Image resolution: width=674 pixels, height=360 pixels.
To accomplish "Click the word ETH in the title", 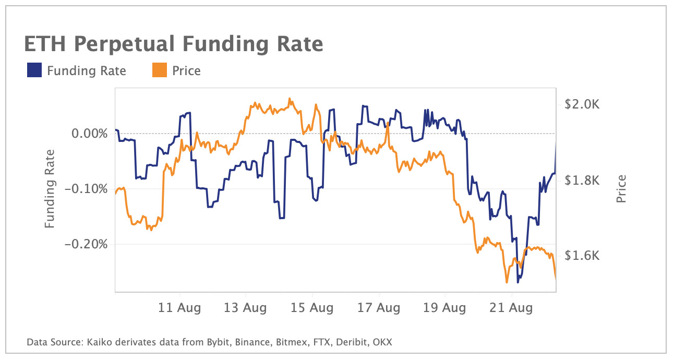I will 44,44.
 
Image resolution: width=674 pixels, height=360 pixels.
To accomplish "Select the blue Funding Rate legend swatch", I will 34,70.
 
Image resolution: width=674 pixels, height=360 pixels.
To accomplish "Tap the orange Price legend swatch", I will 159,70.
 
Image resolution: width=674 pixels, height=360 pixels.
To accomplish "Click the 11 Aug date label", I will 179,308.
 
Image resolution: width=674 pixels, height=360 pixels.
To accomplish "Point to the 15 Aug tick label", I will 312,308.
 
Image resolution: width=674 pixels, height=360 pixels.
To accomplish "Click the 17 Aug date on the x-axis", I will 379,308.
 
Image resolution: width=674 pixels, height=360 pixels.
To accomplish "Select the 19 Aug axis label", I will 445,308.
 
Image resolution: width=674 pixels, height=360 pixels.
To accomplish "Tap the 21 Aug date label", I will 512,308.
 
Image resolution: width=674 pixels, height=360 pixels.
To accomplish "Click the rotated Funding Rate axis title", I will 50,189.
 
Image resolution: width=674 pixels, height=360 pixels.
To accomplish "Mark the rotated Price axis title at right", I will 621,189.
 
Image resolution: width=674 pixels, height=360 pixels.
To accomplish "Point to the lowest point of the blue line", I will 517,282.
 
